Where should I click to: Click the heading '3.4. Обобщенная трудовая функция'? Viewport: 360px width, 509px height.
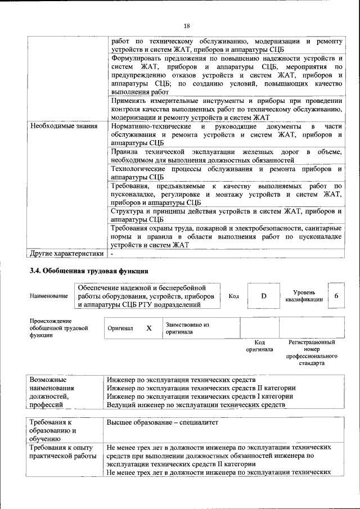point(88,270)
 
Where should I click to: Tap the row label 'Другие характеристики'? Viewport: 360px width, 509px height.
point(67,253)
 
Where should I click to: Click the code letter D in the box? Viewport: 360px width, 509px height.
point(263,296)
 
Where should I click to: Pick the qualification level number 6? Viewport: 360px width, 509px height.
point(336,296)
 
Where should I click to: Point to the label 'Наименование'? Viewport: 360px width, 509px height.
point(49,296)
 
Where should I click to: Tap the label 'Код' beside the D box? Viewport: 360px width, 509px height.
point(233,296)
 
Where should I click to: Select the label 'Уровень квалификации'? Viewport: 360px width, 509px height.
point(304,296)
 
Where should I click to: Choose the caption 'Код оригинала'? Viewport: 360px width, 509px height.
point(259,345)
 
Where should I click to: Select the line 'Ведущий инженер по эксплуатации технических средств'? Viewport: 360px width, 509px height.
point(196,404)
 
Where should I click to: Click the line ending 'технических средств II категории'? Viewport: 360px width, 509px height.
point(201,388)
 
